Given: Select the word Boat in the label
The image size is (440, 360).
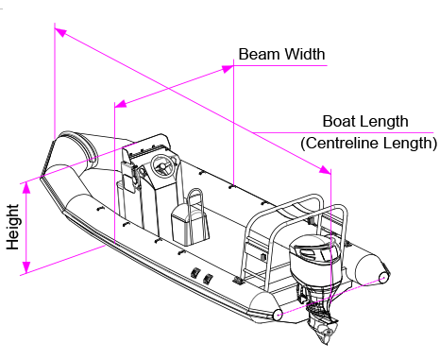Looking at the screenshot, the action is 338,121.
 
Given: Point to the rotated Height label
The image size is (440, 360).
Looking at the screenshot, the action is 13,228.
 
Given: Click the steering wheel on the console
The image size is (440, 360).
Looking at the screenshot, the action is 163,166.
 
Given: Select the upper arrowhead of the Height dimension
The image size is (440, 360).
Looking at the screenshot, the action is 26,188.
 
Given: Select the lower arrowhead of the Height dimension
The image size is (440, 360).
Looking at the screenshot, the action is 26,267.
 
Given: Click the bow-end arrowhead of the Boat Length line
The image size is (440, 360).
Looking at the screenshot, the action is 60,32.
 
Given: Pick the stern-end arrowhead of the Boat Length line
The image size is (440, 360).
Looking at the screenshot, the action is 325,170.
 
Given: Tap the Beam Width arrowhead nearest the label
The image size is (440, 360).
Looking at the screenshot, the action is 228,69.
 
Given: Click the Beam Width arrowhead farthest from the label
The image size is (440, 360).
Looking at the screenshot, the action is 121,104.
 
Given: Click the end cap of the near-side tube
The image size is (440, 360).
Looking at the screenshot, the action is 278,315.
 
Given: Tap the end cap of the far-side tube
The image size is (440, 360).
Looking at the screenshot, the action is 384,277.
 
